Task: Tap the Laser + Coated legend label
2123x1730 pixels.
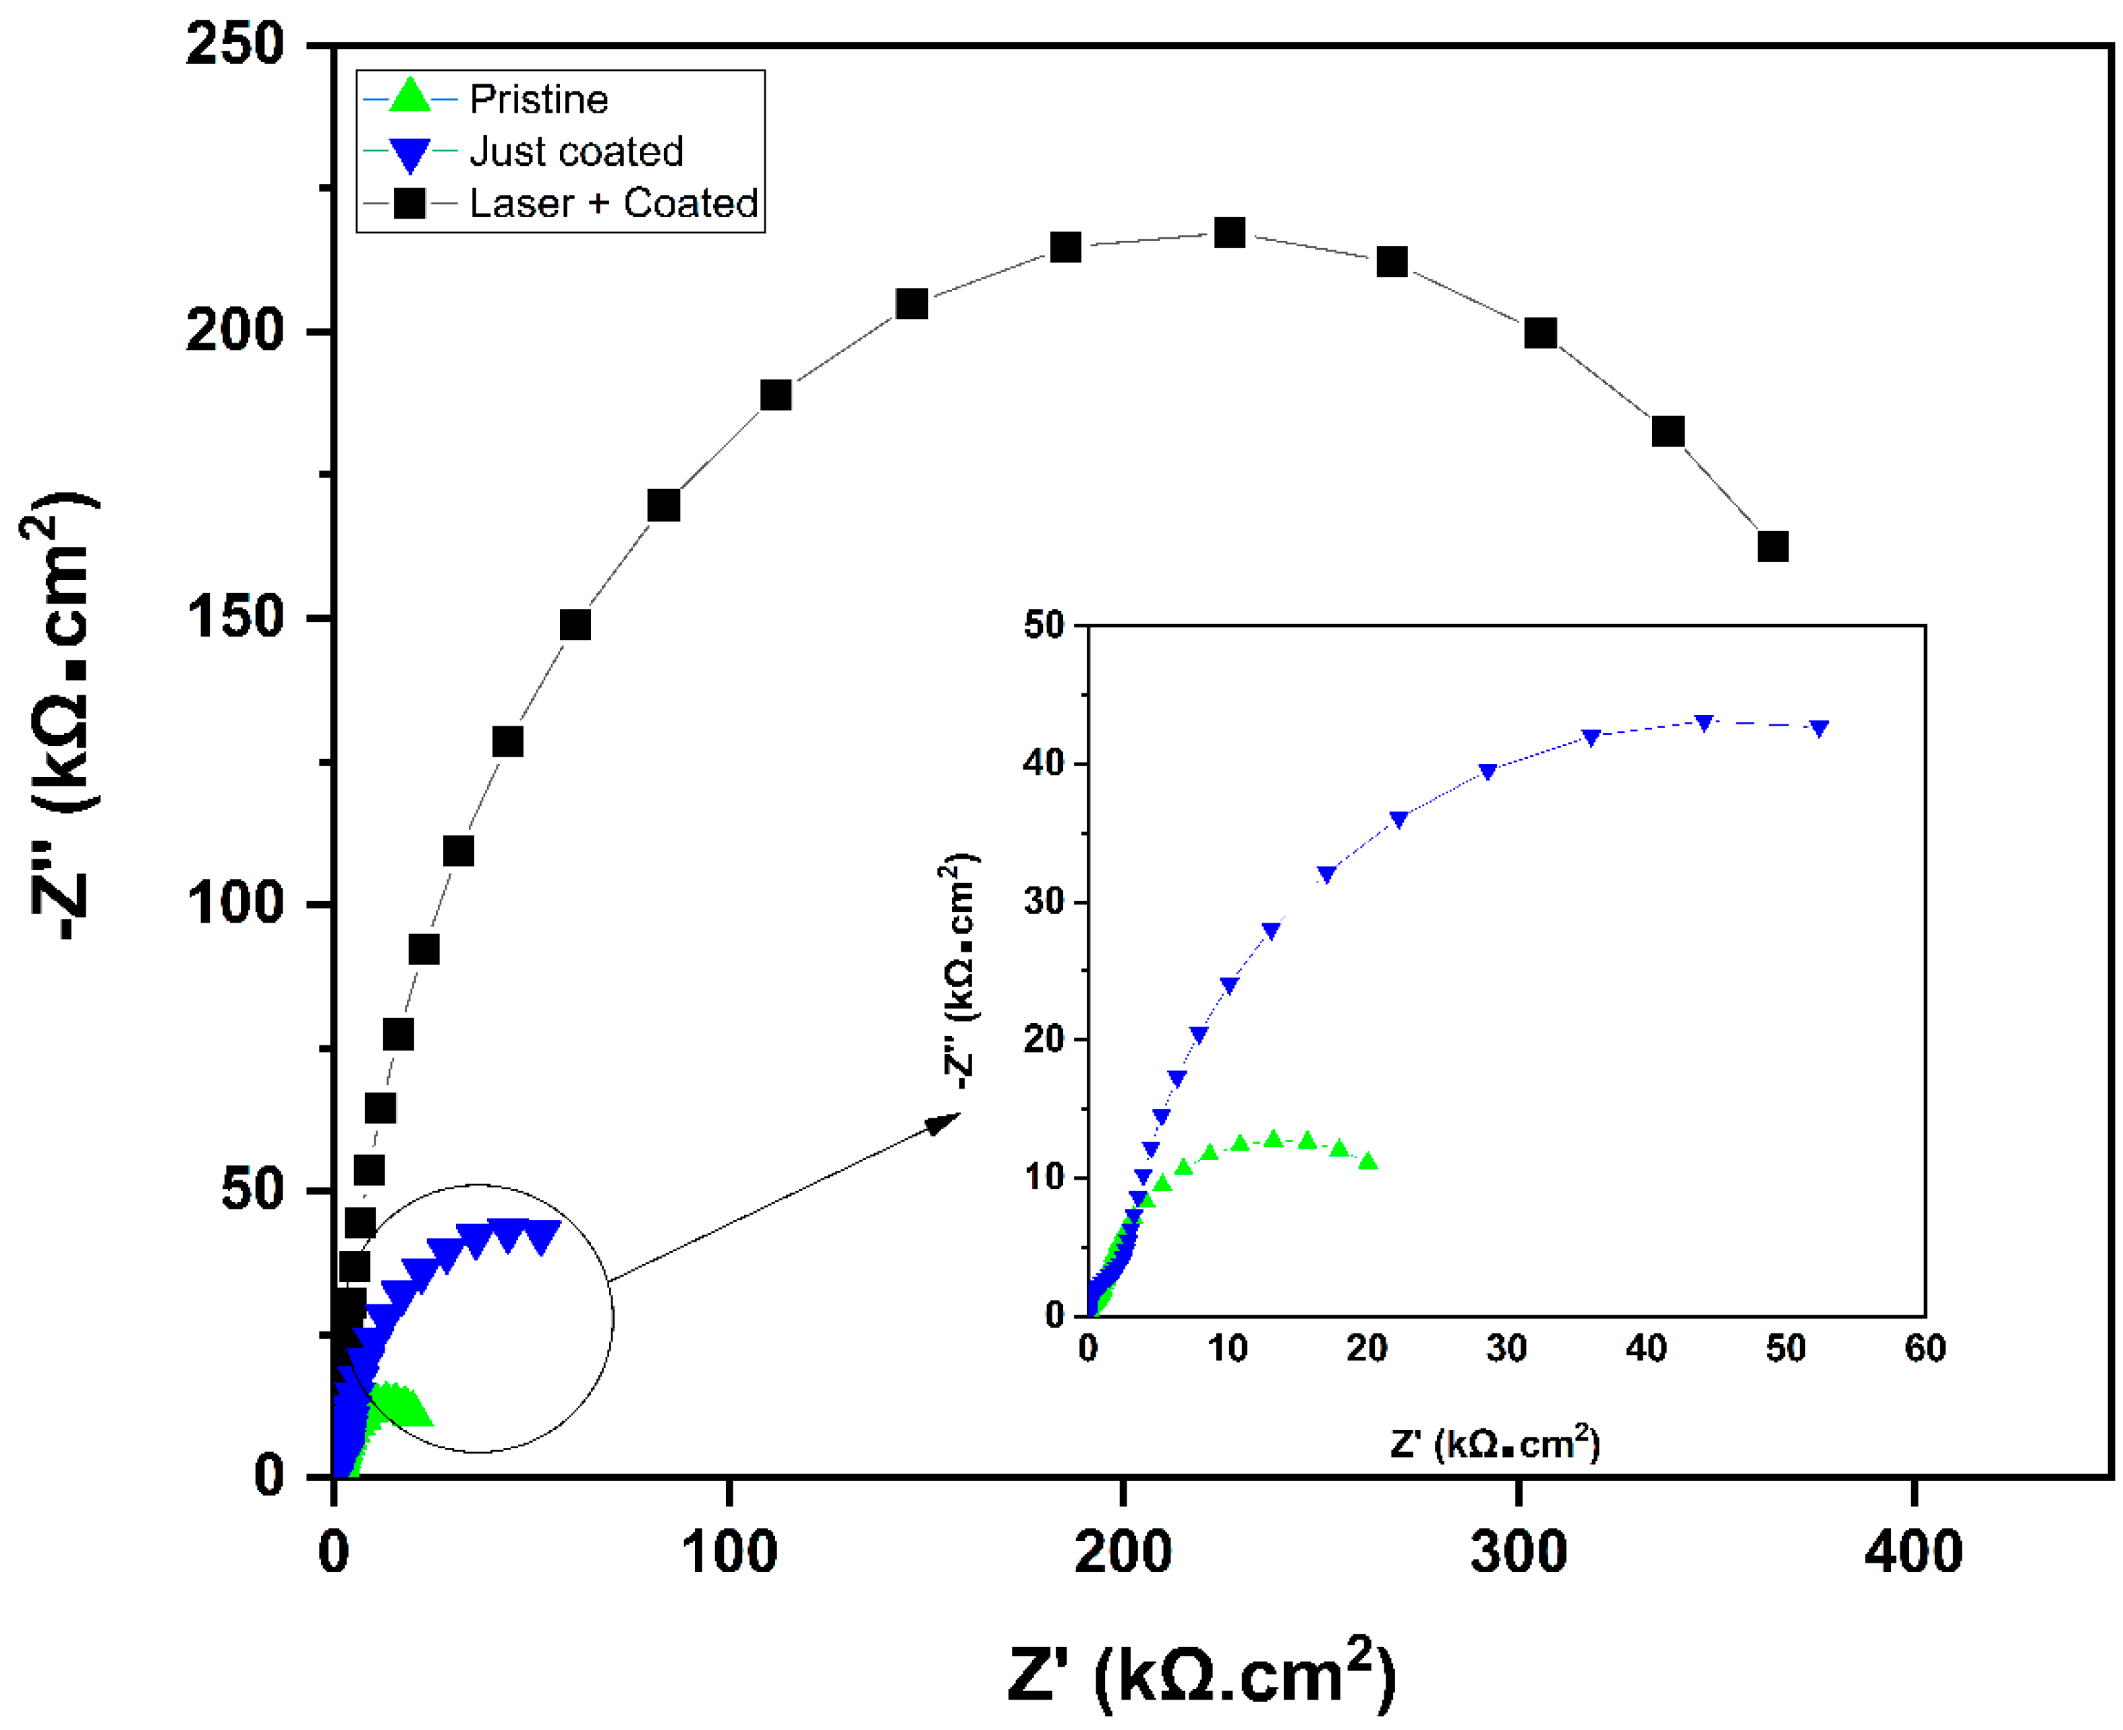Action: pyautogui.click(x=612, y=203)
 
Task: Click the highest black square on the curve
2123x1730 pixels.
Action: pyautogui.click(x=1229, y=233)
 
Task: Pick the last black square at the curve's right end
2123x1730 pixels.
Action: pyautogui.click(x=1772, y=546)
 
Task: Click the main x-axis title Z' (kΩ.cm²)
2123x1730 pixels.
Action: pyautogui.click(x=1201, y=1674)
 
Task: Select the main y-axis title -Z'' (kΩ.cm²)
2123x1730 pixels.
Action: pyautogui.click(x=60, y=718)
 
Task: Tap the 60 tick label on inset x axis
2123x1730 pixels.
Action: pyautogui.click(x=1924, y=1348)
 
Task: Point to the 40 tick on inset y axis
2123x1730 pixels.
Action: pyautogui.click(x=1044, y=763)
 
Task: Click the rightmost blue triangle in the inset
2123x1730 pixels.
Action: pyautogui.click(x=1819, y=728)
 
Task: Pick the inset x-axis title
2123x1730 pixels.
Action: pyautogui.click(x=1494, y=1443)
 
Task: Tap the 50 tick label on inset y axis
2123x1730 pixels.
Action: pyautogui.click(x=1044, y=626)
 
